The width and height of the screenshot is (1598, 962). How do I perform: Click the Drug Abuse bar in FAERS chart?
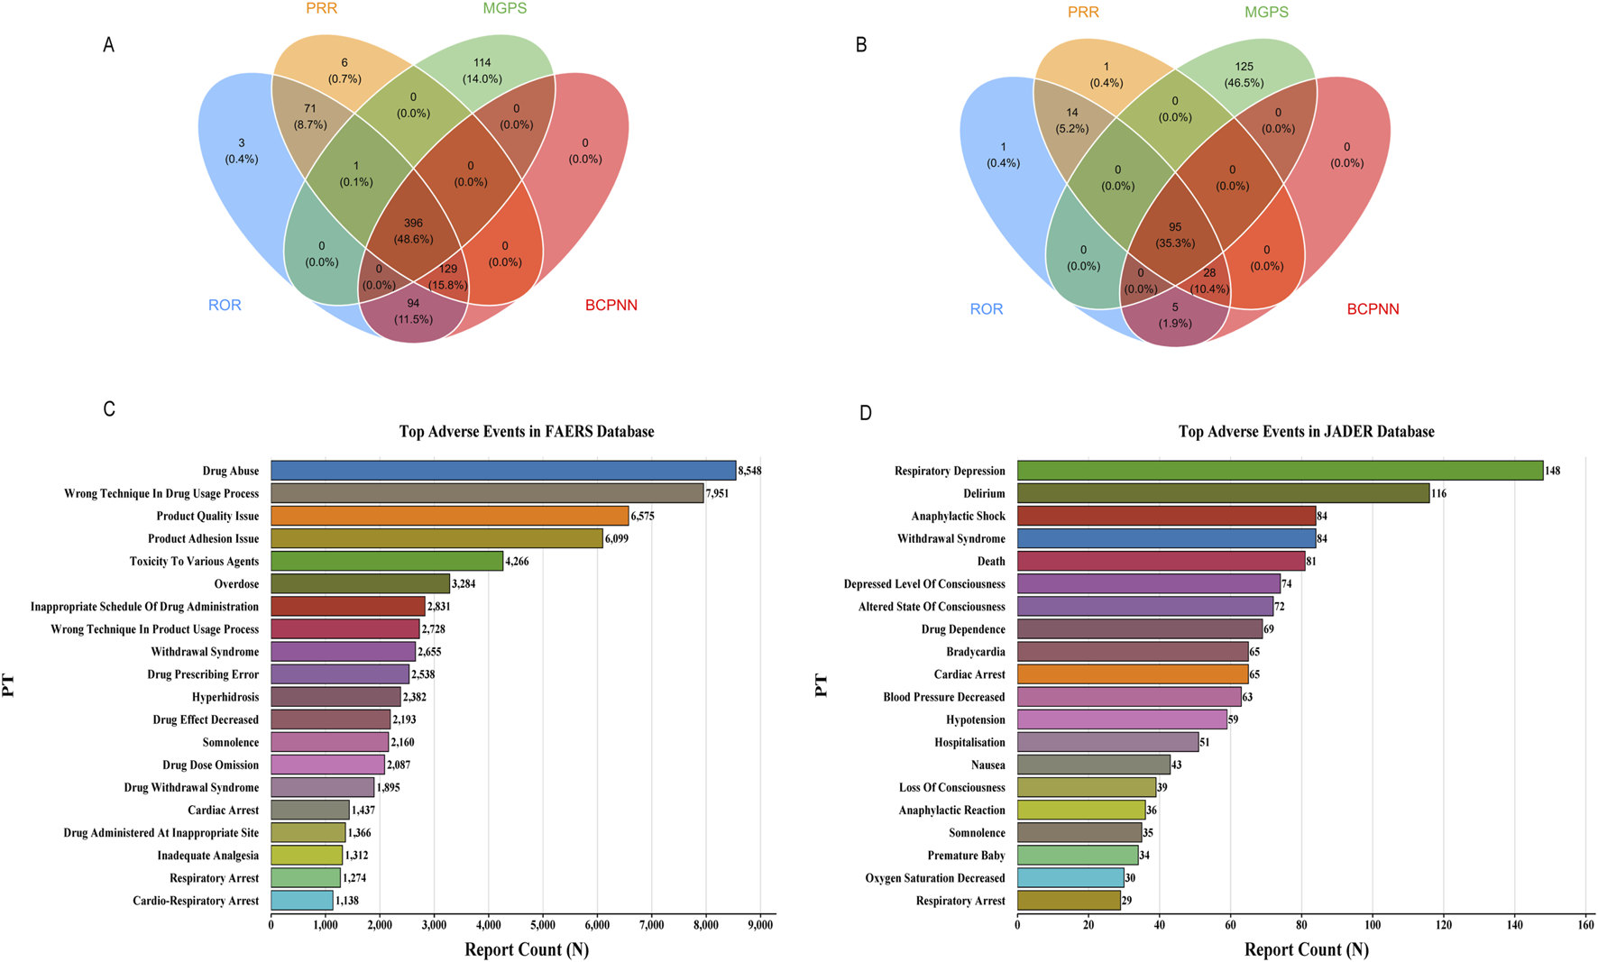503,471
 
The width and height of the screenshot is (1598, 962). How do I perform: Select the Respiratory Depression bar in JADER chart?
1280,471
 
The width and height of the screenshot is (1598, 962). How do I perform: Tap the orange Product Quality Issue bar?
449,516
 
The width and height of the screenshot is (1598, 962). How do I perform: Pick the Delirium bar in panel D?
1223,493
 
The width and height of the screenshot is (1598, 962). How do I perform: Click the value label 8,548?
749,471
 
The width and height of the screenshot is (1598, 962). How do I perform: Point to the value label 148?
1552,471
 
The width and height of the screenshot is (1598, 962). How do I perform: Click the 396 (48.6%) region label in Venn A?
413,231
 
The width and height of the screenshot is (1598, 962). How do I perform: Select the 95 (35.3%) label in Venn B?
1175,234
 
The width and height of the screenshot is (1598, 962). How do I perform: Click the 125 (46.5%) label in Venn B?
1244,74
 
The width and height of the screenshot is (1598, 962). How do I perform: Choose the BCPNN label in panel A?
611,305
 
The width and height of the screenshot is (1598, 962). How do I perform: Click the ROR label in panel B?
986,308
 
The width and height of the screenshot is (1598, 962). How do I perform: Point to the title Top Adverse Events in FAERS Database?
527,432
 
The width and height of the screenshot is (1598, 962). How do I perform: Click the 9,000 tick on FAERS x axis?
760,925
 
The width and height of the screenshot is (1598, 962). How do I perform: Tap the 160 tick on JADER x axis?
1585,925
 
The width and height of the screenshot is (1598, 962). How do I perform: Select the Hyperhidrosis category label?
225,697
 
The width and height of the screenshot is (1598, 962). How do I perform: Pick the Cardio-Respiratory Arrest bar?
301,901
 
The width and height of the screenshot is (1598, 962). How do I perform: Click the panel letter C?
109,409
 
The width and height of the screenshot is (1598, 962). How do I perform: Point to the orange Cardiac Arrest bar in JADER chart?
1133,674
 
